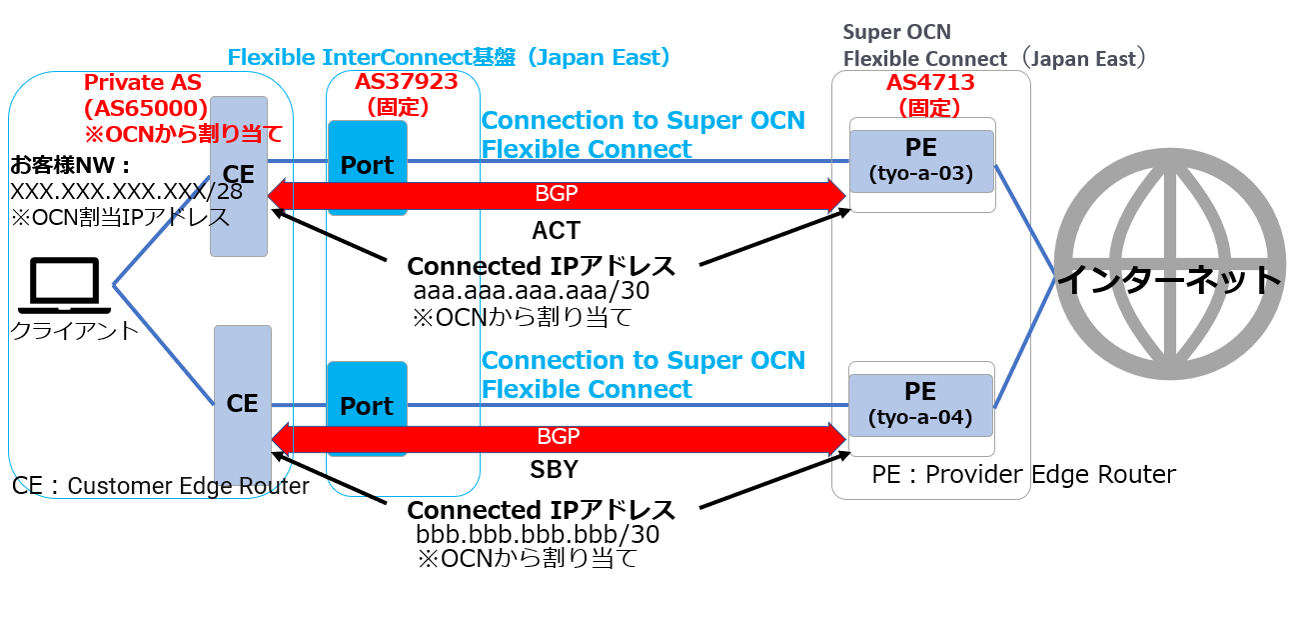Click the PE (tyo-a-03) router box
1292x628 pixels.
click(921, 161)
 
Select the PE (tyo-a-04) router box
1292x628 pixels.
click(920, 405)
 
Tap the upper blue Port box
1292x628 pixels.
click(368, 167)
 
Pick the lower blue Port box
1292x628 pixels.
click(367, 409)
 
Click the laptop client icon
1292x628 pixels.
click(64, 286)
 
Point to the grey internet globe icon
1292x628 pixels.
click(1170, 264)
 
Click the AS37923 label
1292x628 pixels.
click(406, 81)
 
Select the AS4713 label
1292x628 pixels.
click(930, 83)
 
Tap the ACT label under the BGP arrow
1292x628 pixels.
click(556, 230)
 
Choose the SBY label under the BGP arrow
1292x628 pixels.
click(554, 469)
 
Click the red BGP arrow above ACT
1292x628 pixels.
click(557, 196)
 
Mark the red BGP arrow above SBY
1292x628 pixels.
click(559, 439)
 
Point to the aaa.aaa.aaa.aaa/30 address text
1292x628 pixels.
click(532, 290)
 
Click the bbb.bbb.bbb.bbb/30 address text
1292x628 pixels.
click(538, 534)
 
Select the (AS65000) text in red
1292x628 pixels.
click(146, 109)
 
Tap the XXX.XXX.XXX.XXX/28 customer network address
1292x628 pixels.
click(126, 191)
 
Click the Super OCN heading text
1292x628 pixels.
click(897, 32)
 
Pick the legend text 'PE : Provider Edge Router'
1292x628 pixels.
click(1023, 474)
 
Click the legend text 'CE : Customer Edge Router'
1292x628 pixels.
click(160, 486)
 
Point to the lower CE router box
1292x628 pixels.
click(243, 404)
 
